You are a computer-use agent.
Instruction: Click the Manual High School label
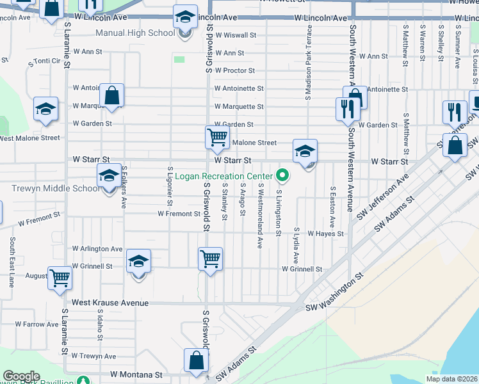pyautogui.click(x=134, y=33)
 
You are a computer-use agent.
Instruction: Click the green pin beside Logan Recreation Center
pyautogui.click(x=282, y=175)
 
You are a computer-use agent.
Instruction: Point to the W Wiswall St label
pyautogui.click(x=236, y=35)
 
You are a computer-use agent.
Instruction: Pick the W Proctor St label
pyautogui.click(x=235, y=70)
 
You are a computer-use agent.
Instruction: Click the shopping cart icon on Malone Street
pyautogui.click(x=217, y=138)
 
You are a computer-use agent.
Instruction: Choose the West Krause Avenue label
pyautogui.click(x=110, y=302)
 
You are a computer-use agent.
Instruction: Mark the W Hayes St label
pyautogui.click(x=326, y=234)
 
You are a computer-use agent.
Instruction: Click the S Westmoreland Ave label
pyautogui.click(x=260, y=215)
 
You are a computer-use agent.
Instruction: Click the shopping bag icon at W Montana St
pyautogui.click(x=196, y=361)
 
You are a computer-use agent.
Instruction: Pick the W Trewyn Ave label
pyautogui.click(x=93, y=356)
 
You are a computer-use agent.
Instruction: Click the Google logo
pyautogui.click(x=21, y=376)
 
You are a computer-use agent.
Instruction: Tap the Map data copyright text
pyautogui.click(x=452, y=379)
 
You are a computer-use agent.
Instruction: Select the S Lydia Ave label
pyautogui.click(x=296, y=245)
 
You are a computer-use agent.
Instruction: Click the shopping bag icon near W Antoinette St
pyautogui.click(x=111, y=96)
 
